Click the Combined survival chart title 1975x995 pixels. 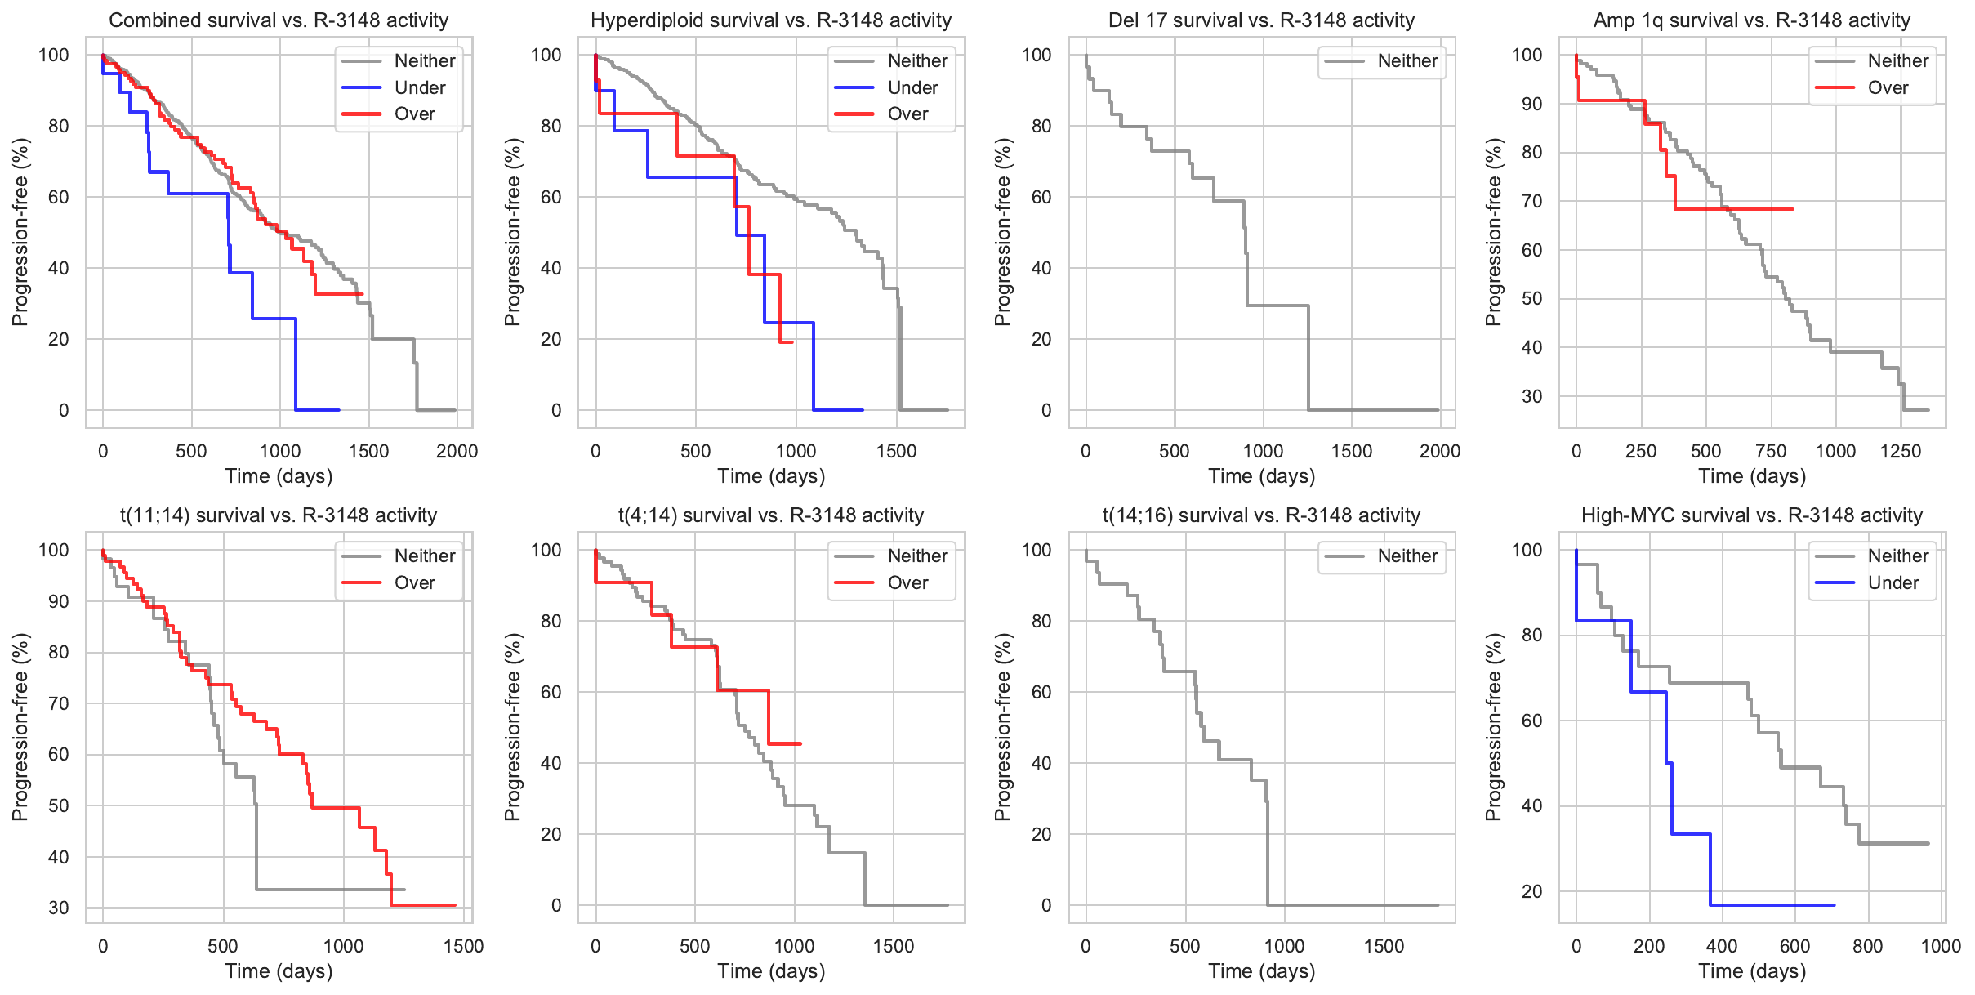[x=279, y=20]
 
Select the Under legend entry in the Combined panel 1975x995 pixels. [x=419, y=87]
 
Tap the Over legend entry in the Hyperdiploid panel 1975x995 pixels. [x=907, y=114]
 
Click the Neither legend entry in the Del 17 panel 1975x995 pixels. [x=1407, y=61]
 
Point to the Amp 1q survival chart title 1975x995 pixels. [x=1751, y=20]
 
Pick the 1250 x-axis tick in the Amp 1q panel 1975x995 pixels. [x=1901, y=451]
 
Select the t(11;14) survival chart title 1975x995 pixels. [x=279, y=515]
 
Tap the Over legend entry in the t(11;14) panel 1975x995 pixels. [x=414, y=583]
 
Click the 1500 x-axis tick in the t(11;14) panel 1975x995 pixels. [x=463, y=946]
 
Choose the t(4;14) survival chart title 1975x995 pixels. [x=771, y=515]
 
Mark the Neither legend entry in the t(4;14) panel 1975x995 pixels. [x=917, y=556]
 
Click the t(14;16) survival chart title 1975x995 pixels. [x=1261, y=515]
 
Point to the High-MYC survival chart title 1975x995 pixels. [x=1751, y=515]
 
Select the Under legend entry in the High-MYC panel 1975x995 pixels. [x=1893, y=583]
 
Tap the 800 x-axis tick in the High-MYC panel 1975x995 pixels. [x=1868, y=946]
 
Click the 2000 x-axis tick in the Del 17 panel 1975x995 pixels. [x=1440, y=451]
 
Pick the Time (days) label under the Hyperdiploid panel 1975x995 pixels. [x=771, y=476]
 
